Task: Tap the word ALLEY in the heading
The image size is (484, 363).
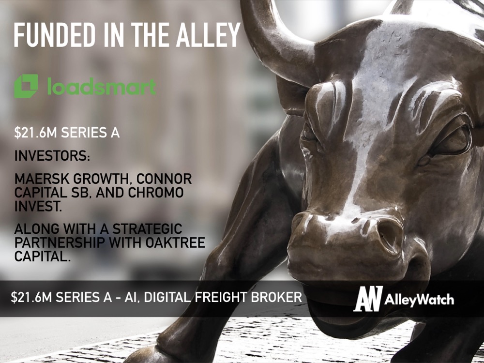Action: pos(208,35)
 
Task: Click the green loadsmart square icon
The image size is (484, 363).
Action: pos(26,86)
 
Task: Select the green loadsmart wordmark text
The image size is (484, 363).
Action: pos(102,86)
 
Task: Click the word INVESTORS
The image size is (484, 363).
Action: pos(52,156)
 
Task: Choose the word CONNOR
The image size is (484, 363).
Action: pos(164,179)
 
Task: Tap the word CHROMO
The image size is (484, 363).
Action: pos(156,193)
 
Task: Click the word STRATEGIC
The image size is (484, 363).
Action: pos(147,229)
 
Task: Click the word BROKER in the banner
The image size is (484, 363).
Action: pos(276,297)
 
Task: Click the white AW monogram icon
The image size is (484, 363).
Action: pos(368,299)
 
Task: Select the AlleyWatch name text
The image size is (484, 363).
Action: pos(419,300)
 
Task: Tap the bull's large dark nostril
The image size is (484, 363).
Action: pos(390,233)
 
